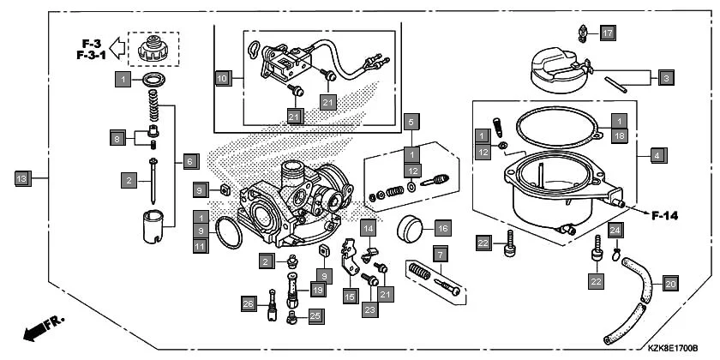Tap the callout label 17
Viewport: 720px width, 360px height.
point(608,33)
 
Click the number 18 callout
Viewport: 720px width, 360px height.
point(619,135)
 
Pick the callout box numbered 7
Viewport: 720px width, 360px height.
point(440,255)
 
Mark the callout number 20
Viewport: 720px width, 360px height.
point(670,283)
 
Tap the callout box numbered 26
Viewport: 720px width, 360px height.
point(249,303)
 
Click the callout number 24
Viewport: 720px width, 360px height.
point(615,230)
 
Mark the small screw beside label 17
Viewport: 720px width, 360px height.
point(584,33)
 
